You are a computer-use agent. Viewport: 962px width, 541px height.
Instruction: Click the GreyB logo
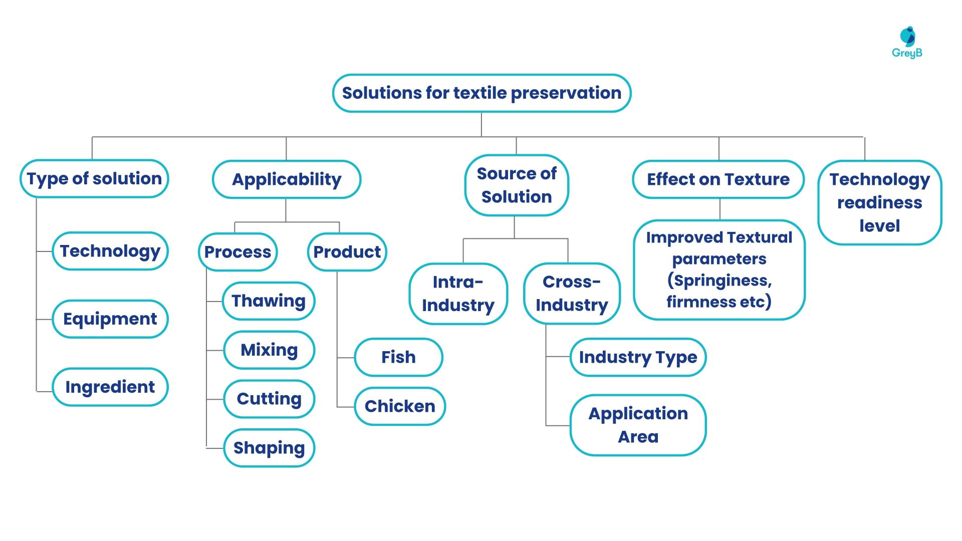(x=907, y=43)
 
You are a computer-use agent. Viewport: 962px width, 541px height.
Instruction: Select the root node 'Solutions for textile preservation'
(x=482, y=93)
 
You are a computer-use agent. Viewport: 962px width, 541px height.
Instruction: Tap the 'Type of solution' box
(x=94, y=179)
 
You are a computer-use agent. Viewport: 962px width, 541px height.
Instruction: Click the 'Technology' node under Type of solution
(x=110, y=251)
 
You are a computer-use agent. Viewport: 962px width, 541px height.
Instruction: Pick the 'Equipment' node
(x=110, y=319)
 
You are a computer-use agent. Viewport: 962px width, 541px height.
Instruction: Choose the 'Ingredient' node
(x=110, y=387)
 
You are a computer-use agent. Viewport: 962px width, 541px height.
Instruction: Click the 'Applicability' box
(x=287, y=179)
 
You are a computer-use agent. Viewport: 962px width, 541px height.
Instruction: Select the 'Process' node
(x=237, y=252)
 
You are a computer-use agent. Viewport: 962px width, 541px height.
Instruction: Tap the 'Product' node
(x=347, y=252)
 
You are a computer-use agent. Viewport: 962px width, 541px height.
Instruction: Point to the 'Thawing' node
(x=269, y=301)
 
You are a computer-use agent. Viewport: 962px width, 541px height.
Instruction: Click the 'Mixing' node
(x=269, y=350)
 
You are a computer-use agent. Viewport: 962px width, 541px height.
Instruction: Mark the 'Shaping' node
(x=269, y=448)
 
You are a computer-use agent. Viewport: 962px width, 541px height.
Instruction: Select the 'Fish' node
(x=398, y=357)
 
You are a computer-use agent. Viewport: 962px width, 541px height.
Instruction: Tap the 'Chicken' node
(x=400, y=406)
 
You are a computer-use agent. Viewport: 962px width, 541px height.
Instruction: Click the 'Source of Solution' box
(x=517, y=185)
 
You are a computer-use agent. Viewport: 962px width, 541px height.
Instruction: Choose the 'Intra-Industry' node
(x=458, y=294)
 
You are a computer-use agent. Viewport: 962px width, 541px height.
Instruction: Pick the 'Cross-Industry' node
(x=572, y=294)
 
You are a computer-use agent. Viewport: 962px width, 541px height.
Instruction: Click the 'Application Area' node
(x=638, y=425)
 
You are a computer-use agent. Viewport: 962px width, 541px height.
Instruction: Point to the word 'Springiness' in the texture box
(x=722, y=281)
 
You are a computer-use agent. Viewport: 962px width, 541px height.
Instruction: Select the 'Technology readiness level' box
(x=879, y=202)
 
